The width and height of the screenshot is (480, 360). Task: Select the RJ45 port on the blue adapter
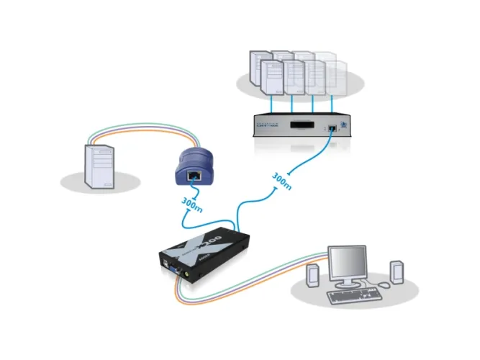[x=194, y=175]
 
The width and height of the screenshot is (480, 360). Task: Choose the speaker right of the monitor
[x=395, y=272]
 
